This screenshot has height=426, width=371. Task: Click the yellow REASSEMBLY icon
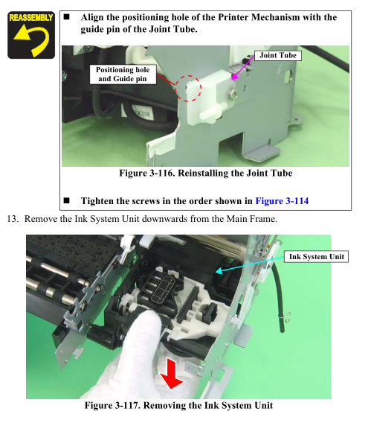(31, 35)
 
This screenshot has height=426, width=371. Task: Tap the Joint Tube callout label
(278, 55)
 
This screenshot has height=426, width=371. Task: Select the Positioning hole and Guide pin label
(123, 74)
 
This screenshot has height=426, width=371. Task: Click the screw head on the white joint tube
(233, 95)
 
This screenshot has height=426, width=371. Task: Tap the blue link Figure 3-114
(282, 201)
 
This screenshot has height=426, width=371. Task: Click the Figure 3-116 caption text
(206, 173)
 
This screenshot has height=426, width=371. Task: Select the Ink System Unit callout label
(316, 257)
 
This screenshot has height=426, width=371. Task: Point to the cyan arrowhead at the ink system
(219, 271)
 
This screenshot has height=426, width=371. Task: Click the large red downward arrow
(172, 373)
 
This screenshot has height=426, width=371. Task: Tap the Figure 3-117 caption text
(178, 405)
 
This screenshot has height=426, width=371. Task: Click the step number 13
(13, 219)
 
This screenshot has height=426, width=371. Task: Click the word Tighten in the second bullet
(97, 201)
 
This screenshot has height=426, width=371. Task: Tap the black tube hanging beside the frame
(279, 297)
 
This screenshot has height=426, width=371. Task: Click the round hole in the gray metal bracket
(288, 77)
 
